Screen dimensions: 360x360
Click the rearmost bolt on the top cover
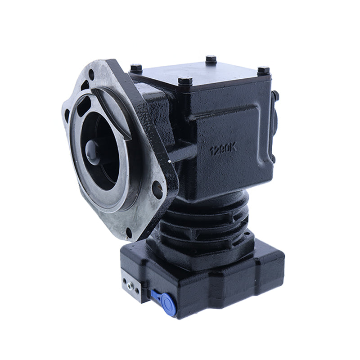211,59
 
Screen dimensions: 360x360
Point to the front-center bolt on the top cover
185,82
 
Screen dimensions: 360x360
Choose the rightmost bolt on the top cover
263,71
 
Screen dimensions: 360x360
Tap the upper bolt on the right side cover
275,95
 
